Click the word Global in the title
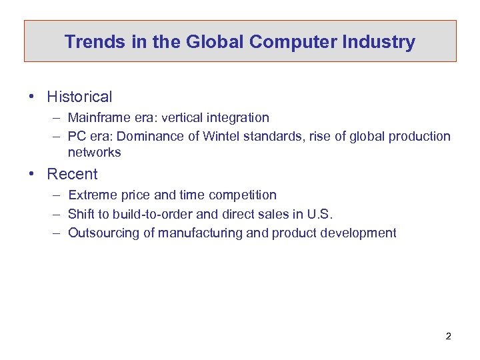pyautogui.click(x=215, y=42)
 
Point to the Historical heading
pyautogui.click(x=79, y=97)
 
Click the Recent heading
pyautogui.click(x=72, y=174)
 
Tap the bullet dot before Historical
pyautogui.click(x=31, y=97)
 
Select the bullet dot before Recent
pyautogui.click(x=31, y=174)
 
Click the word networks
pyautogui.click(x=94, y=153)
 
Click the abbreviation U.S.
pyautogui.click(x=317, y=214)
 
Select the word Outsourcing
pyautogui.click(x=100, y=233)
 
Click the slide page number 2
pyautogui.click(x=448, y=336)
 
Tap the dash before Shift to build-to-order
pyautogui.click(x=55, y=214)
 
